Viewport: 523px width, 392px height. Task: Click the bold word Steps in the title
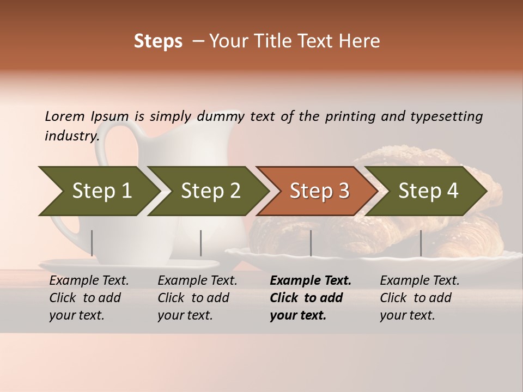[x=158, y=41]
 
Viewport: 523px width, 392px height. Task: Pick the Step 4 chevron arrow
[x=427, y=191]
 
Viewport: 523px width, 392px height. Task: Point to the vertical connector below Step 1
[x=92, y=243]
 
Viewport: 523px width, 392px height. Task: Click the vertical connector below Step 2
[x=201, y=243]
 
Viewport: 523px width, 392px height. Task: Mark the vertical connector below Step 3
[x=311, y=243]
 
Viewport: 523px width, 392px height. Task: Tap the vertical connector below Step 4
[x=421, y=243]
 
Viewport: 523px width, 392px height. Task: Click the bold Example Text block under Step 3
[x=310, y=298]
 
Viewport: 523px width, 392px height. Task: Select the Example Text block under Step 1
[x=89, y=298]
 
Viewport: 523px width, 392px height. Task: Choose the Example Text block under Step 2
[x=197, y=298]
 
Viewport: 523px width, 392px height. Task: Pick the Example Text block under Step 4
[x=419, y=298]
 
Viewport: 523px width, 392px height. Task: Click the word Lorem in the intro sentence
[x=64, y=116]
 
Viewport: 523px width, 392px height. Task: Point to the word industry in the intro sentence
[x=71, y=136]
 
